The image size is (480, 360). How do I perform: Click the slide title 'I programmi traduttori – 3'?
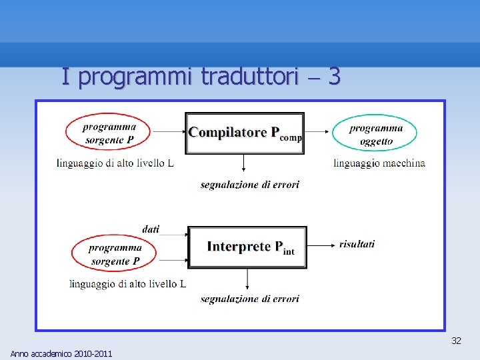click(201, 77)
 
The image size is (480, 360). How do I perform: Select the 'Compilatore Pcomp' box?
click(244, 133)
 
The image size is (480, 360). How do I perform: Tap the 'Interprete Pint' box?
click(247, 247)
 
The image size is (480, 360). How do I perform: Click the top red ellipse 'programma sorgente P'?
click(107, 133)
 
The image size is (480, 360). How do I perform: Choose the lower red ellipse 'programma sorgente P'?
click(115, 254)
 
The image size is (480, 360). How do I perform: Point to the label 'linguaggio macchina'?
click(379, 163)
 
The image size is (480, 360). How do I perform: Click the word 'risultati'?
click(357, 244)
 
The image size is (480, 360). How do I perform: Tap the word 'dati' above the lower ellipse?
click(151, 229)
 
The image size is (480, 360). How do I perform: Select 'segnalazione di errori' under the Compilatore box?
click(249, 185)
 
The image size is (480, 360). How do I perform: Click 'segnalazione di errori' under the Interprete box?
click(249, 299)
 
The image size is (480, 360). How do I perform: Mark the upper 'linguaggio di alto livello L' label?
click(115, 163)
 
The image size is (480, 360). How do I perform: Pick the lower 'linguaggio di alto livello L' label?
click(127, 284)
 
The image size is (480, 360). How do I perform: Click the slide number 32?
click(456, 341)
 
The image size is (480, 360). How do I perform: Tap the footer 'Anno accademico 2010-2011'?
click(61, 353)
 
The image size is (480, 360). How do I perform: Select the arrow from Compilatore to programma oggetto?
click(317, 133)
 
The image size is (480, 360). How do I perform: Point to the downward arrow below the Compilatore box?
click(244, 163)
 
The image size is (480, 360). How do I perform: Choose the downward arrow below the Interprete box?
click(247, 279)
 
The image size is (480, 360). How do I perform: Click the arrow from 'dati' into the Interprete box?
click(175, 235)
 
